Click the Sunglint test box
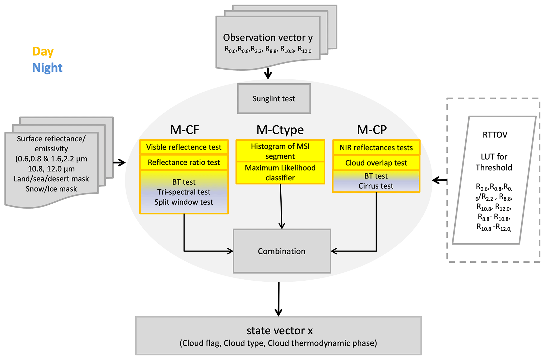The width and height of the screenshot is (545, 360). (x=274, y=99)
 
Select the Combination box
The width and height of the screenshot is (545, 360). (x=282, y=251)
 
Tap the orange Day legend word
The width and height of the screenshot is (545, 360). (x=43, y=51)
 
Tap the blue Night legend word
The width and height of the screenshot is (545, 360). (x=47, y=68)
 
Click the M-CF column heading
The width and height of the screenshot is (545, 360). (x=185, y=130)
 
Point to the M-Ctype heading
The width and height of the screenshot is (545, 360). (x=280, y=130)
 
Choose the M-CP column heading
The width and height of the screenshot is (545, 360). (x=372, y=130)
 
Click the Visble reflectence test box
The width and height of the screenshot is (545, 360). (x=184, y=147)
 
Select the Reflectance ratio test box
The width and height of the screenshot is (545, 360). (x=184, y=162)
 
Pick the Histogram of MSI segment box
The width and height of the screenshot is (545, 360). (x=280, y=151)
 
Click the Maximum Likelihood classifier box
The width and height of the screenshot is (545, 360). (x=280, y=173)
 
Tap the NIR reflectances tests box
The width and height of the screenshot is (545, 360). (x=376, y=148)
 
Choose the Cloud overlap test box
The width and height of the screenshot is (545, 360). (x=376, y=163)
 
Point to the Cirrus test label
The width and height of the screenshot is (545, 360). (x=376, y=186)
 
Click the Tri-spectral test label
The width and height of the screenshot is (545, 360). (x=184, y=192)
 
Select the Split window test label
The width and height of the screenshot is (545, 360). (x=184, y=202)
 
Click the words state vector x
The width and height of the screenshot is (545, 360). (x=279, y=331)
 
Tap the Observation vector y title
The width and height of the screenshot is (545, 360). (x=268, y=37)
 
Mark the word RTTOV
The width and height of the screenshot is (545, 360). (x=495, y=135)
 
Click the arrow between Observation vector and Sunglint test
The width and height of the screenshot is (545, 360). (x=268, y=74)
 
